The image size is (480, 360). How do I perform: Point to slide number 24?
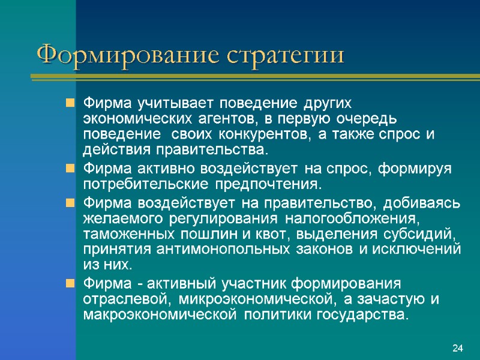coord(458,348)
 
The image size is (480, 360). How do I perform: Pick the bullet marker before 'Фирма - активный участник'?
coord(71,283)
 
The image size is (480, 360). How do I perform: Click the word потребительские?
coord(143,183)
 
